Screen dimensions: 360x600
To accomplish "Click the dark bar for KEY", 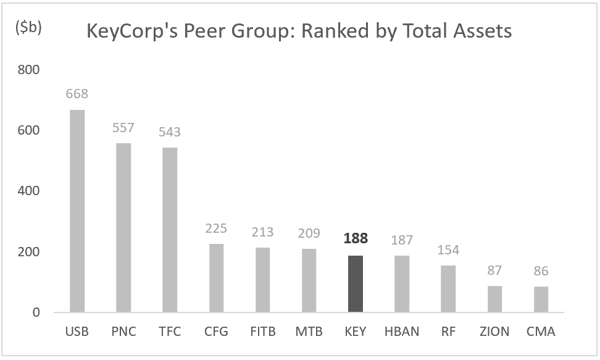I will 356,284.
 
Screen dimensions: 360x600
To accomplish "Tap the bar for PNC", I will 123,228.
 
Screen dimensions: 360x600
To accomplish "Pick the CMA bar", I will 541,299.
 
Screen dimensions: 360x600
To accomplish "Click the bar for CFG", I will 216,278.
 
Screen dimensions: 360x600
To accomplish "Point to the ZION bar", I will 494,299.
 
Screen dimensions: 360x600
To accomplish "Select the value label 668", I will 77,94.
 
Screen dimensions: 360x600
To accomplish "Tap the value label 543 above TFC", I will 170,132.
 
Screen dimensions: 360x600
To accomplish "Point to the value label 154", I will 448,250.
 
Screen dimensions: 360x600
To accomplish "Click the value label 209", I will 309,233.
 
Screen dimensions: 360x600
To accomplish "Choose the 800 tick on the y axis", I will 28,70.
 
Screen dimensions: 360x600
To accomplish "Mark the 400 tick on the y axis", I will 28,191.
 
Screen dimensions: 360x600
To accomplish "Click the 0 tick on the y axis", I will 35,312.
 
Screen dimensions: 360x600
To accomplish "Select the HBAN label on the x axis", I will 402,332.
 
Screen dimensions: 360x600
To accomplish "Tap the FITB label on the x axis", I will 262,332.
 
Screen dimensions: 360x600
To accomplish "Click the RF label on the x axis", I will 448,332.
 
